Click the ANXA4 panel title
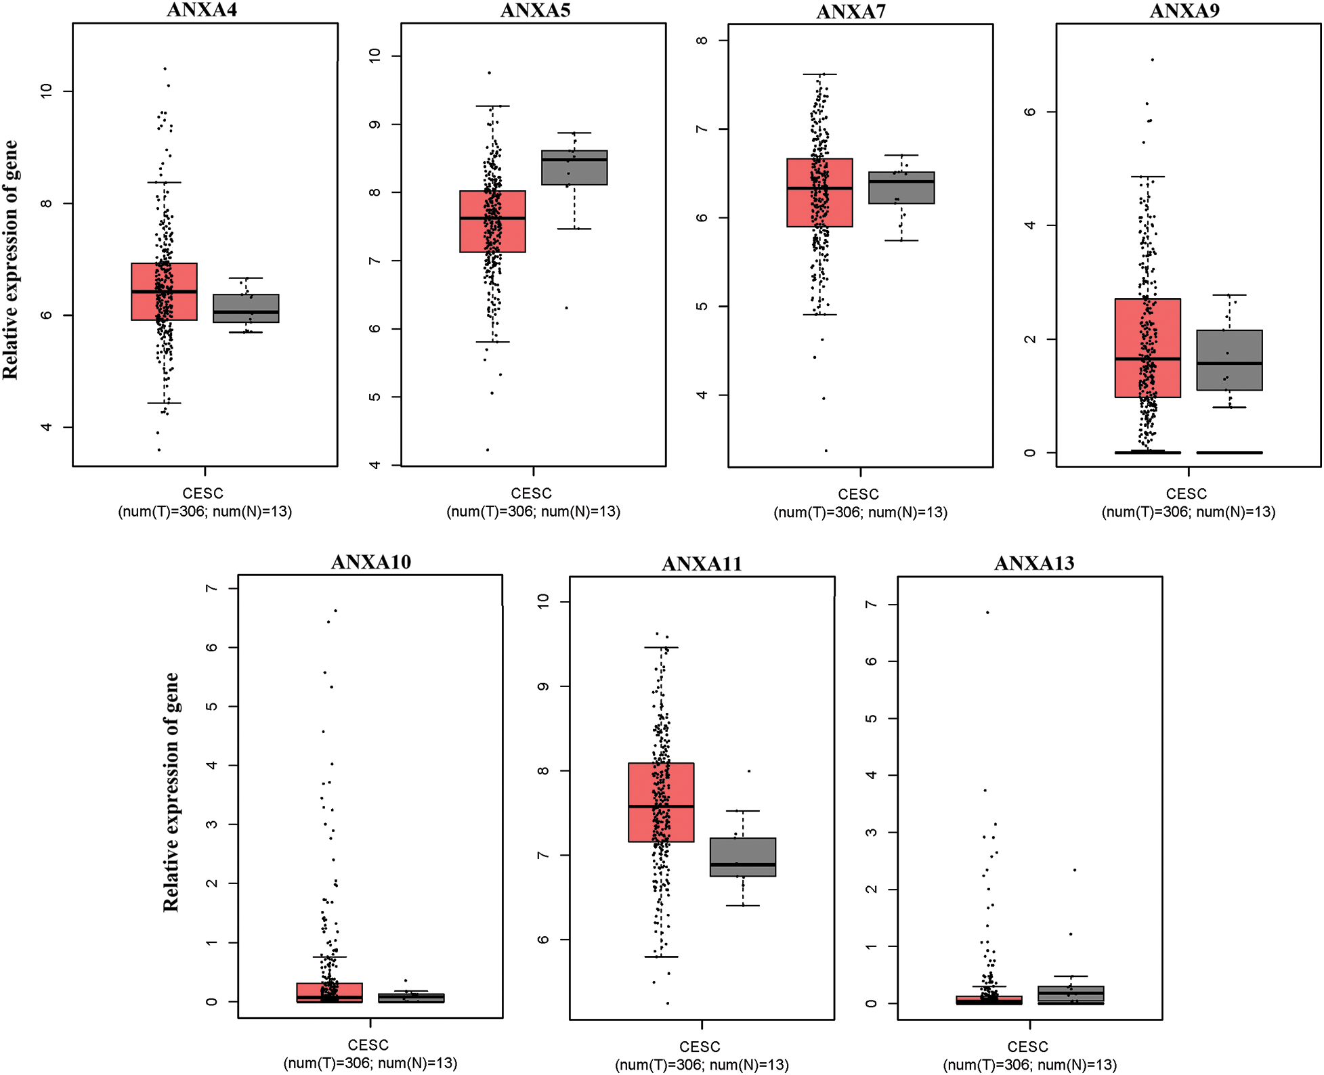point(202,9)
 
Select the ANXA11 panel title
point(702,563)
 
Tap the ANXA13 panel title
point(1033,563)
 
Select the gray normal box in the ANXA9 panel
point(1229,359)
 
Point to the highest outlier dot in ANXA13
point(987,612)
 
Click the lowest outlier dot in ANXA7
point(826,450)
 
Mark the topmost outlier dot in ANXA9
point(1152,60)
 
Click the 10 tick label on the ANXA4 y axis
point(46,91)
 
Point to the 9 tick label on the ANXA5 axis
point(375,125)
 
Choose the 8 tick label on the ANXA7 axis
point(702,40)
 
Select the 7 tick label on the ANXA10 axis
point(212,588)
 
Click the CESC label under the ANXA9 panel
point(1187,493)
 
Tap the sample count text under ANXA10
point(370,1063)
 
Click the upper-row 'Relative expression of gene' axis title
point(11,260)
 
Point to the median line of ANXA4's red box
point(164,292)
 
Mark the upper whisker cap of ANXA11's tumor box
point(661,647)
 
